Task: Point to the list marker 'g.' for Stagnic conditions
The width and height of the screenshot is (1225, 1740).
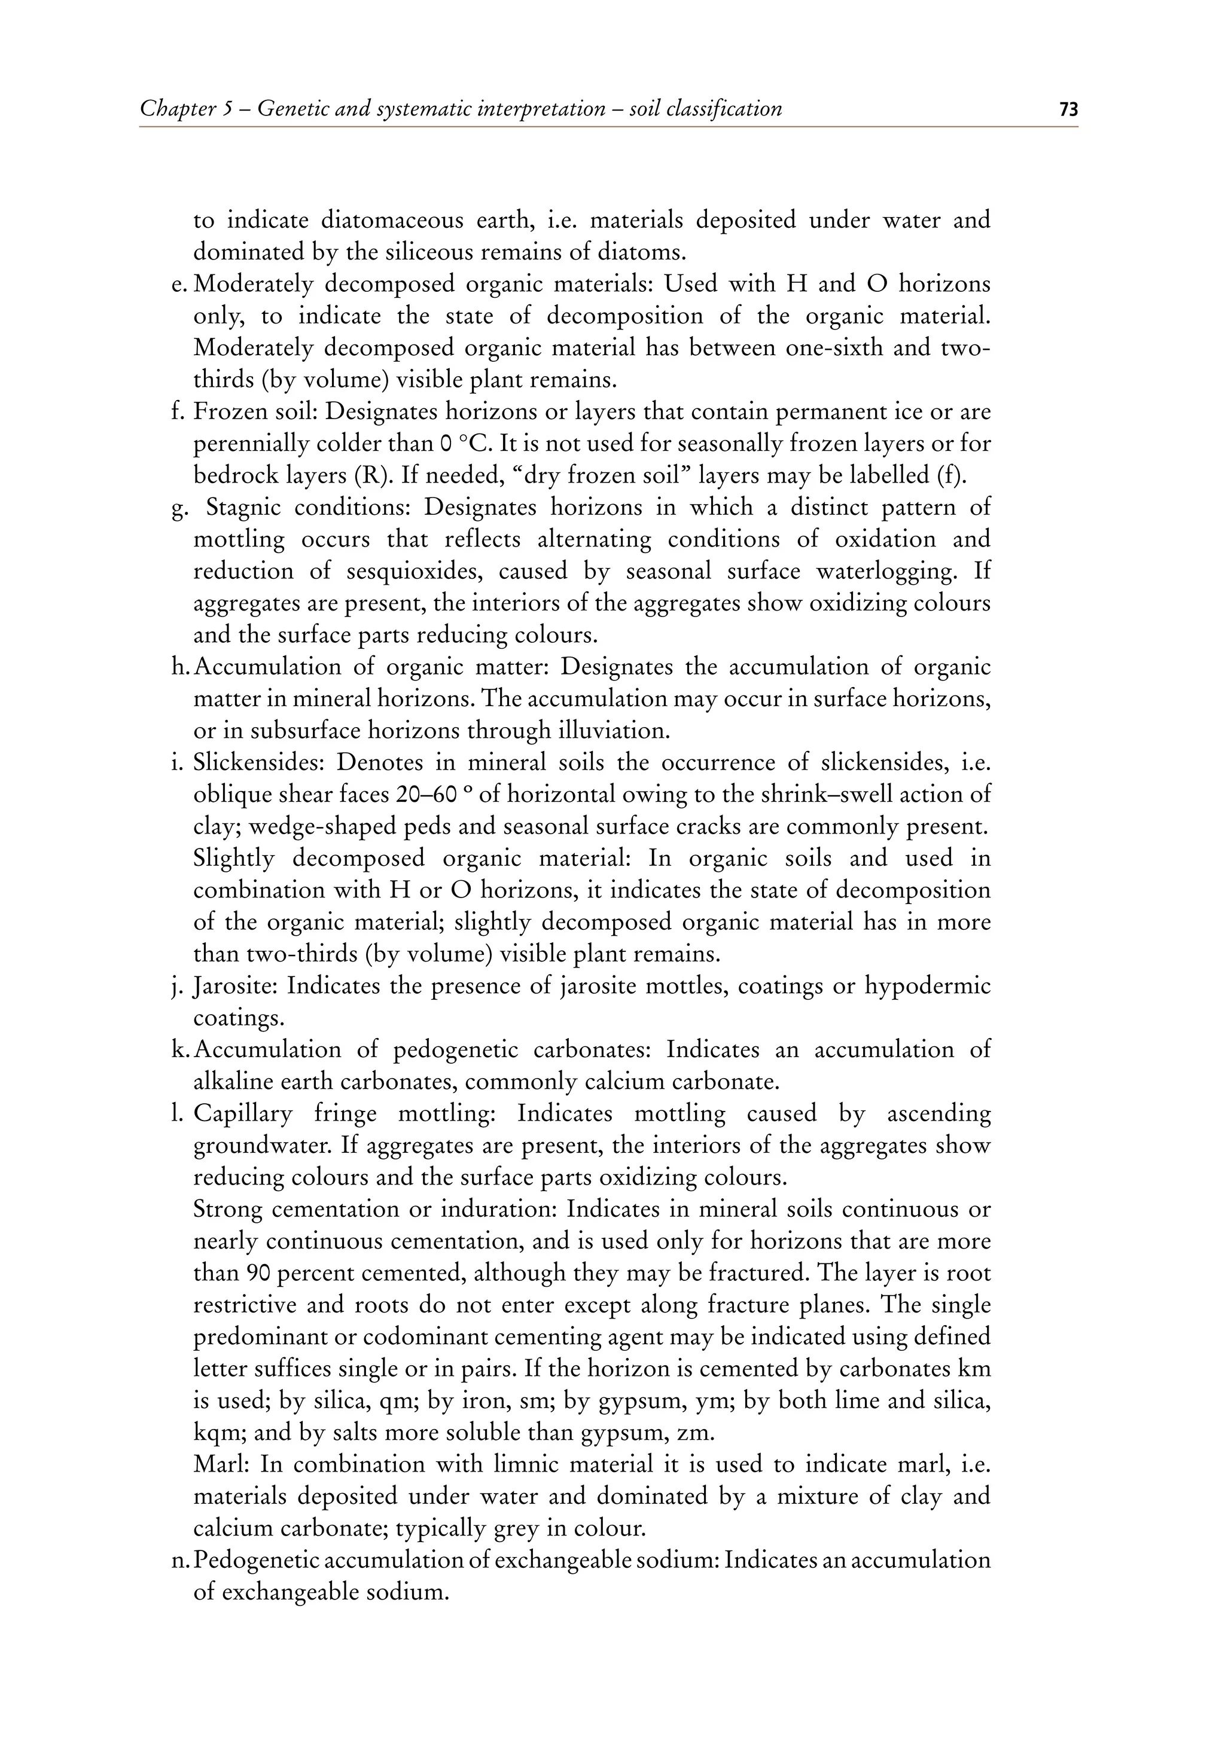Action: tap(179, 508)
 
